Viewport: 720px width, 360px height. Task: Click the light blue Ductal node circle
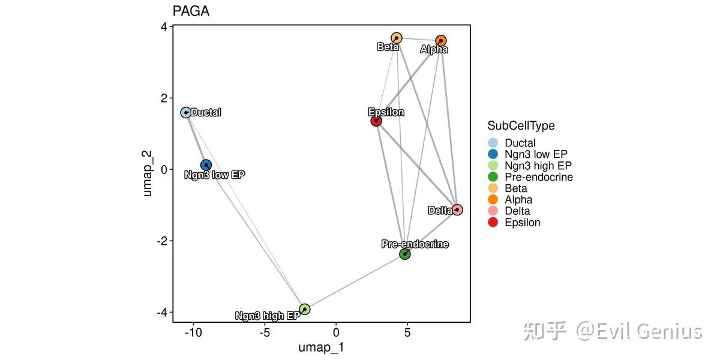click(x=186, y=112)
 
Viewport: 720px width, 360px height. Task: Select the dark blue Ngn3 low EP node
click(x=206, y=165)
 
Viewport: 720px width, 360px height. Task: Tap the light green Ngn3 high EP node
click(x=305, y=309)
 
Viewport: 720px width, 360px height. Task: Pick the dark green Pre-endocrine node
click(x=405, y=254)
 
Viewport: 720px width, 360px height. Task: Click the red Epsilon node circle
click(x=376, y=121)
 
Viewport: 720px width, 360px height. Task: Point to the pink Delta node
click(x=457, y=209)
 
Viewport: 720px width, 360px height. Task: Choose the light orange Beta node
click(x=396, y=38)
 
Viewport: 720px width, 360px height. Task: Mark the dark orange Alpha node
click(x=441, y=41)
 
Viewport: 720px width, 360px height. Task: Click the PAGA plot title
click(x=191, y=11)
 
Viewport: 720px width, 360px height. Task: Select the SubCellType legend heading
click(x=521, y=126)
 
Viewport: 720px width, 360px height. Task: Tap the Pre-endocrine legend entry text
click(x=539, y=177)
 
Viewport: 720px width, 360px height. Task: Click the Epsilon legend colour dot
click(x=493, y=223)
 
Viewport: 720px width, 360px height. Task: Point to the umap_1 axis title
click(x=321, y=348)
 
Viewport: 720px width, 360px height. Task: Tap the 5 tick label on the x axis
click(x=407, y=332)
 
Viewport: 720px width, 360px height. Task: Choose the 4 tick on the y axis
click(x=163, y=27)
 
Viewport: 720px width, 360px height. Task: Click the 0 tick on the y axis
click(x=163, y=169)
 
